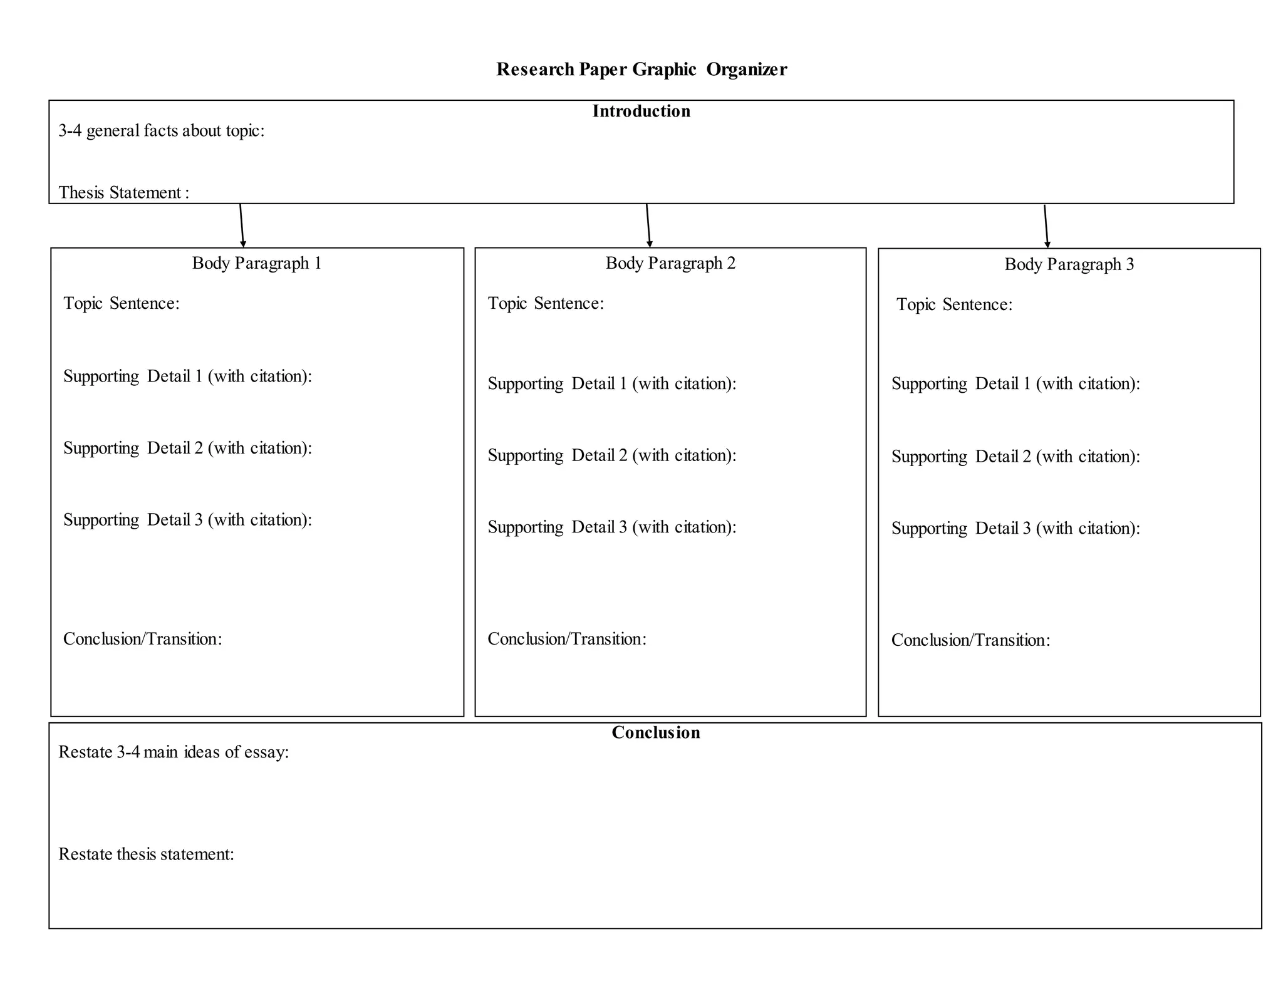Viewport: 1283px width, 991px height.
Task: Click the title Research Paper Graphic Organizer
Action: (x=641, y=69)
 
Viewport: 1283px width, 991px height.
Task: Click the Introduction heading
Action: (x=641, y=112)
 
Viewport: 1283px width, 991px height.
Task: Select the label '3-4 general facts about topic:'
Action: (x=161, y=131)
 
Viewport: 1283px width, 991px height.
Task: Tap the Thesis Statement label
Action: (x=123, y=192)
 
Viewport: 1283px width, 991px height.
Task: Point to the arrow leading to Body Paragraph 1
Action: (x=242, y=226)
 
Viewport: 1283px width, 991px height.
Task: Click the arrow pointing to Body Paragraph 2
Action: (x=648, y=226)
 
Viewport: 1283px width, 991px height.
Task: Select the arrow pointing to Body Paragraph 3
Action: (x=1046, y=226)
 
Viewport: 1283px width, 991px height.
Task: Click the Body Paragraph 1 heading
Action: (x=257, y=263)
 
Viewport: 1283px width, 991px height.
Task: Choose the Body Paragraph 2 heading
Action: (x=670, y=263)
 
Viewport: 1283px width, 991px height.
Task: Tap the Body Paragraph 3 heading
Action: (x=1069, y=264)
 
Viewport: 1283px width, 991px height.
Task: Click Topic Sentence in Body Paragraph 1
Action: (x=122, y=304)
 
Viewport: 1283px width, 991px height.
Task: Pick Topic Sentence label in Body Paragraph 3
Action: (x=954, y=305)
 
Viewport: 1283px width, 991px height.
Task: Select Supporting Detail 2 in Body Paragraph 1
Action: (x=187, y=449)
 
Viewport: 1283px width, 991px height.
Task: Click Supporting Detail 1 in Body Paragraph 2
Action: (x=611, y=384)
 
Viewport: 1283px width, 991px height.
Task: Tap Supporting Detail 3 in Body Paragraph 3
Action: (x=1015, y=529)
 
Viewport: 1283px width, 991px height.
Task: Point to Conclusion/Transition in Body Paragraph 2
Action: (x=566, y=640)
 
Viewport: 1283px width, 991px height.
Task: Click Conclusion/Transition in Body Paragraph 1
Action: (x=142, y=640)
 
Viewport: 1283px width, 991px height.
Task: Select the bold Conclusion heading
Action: (x=655, y=733)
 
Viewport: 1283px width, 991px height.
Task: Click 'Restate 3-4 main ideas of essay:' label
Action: (x=174, y=752)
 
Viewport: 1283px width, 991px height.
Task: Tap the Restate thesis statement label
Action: (x=146, y=854)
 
